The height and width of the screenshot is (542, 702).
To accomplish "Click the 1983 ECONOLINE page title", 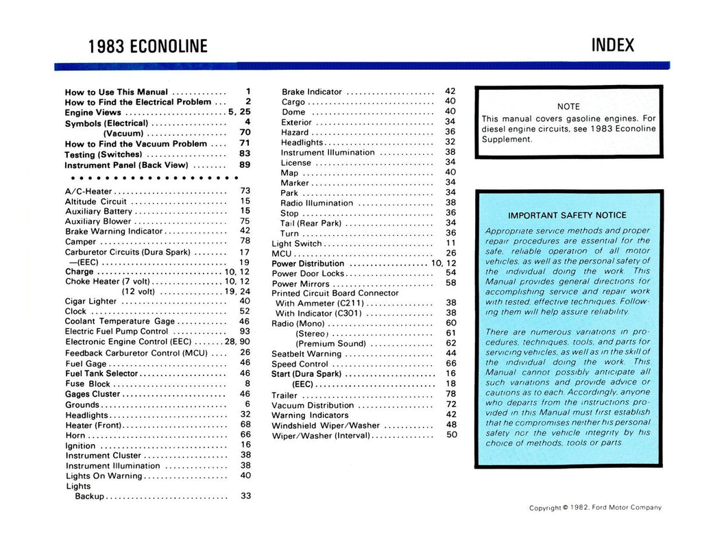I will point(147,47).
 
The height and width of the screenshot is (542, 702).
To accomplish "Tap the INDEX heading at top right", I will point(612,45).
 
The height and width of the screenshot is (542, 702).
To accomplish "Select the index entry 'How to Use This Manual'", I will point(116,92).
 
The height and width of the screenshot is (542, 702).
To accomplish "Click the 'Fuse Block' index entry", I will point(88,384).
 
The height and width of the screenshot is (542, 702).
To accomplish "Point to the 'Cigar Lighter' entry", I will point(90,301).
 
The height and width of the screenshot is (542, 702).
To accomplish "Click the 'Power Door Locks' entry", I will point(308,273).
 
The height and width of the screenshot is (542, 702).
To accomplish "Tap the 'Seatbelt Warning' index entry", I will point(306,354).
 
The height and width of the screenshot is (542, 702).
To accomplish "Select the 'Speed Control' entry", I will point(300,364).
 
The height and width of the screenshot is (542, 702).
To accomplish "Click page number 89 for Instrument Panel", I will point(245,165).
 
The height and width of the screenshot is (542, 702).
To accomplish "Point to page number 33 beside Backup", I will point(245,496).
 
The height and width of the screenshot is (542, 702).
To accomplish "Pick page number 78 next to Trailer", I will point(450,394).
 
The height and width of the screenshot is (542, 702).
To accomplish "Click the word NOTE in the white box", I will point(568,107).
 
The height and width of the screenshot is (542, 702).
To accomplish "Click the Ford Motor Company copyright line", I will point(595,508).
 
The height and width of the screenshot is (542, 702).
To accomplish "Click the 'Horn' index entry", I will point(75,435).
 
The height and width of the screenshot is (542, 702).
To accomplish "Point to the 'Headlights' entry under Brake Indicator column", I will point(302,143).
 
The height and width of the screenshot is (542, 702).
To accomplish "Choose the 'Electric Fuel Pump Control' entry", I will point(117,331).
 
